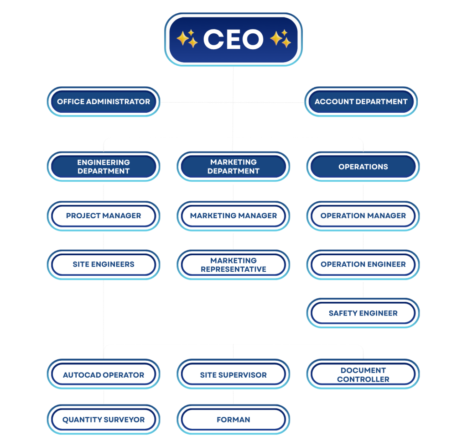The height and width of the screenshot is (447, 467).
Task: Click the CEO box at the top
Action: (233, 39)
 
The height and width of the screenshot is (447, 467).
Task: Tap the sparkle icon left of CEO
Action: (187, 39)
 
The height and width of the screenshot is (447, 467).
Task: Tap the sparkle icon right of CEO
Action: (280, 39)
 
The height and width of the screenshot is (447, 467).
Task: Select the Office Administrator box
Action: (104, 101)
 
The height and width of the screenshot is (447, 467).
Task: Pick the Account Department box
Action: (361, 101)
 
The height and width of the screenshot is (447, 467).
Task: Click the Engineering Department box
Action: (104, 167)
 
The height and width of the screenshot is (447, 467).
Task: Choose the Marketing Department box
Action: (233, 167)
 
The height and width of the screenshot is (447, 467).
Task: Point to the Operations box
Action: (363, 167)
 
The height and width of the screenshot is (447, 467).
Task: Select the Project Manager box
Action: (104, 216)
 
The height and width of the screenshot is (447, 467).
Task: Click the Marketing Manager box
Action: (233, 216)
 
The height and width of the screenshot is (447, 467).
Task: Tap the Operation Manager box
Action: (363, 216)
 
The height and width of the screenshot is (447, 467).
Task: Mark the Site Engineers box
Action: (104, 264)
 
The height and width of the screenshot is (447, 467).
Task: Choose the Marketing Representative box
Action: (233, 265)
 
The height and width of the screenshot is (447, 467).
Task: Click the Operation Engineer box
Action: (363, 264)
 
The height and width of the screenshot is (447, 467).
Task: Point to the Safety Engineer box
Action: (363, 313)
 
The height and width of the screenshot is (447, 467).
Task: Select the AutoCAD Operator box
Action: (104, 375)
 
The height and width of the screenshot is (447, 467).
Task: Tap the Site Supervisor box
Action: (233, 375)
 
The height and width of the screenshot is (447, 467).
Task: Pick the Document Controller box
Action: (363, 375)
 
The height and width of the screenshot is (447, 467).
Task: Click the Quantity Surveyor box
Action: (104, 420)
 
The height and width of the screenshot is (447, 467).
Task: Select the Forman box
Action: (233, 420)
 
